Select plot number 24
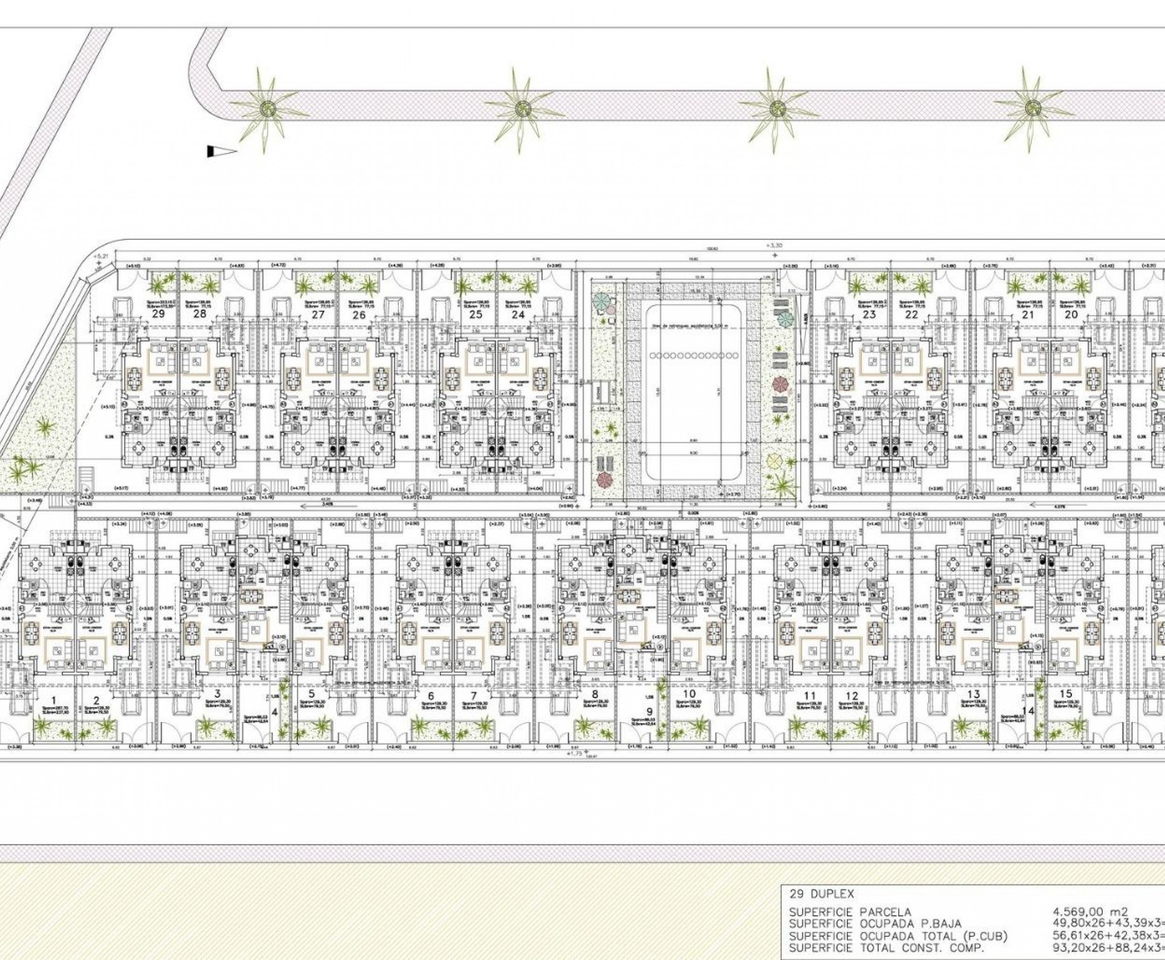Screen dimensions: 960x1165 click(518, 315)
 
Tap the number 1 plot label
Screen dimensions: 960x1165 click(54, 695)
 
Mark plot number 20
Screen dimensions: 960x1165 click(431, 696)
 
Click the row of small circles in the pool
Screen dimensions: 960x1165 click(694, 355)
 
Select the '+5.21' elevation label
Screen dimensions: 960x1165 click(100, 257)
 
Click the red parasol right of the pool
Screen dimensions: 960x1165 click(779, 383)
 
